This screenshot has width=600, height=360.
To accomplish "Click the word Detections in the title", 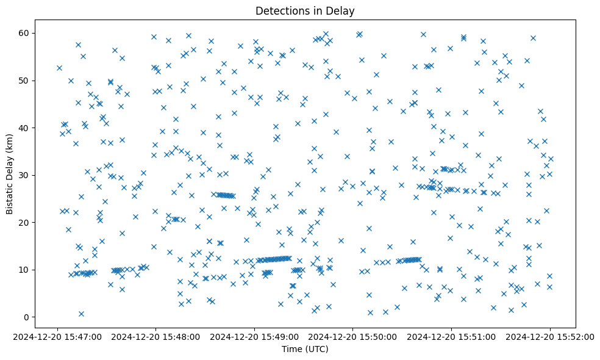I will pyautogui.click(x=278, y=11).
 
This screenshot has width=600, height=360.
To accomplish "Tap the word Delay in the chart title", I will pyautogui.click(x=340, y=11).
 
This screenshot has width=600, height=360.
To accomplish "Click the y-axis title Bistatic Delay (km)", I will pyautogui.click(x=10, y=174).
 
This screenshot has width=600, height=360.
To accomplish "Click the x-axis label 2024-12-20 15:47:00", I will pyautogui.click(x=57, y=336).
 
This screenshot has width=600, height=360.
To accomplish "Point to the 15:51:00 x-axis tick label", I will pyautogui.click(x=451, y=336).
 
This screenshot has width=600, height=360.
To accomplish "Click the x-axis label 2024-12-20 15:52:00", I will pyautogui.click(x=549, y=336).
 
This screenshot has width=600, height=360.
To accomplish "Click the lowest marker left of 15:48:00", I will pyautogui.click(x=81, y=314).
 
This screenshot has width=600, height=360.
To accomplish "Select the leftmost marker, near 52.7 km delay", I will pyautogui.click(x=59, y=68).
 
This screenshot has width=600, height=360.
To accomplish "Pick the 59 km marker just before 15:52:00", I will pyautogui.click(x=533, y=38).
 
